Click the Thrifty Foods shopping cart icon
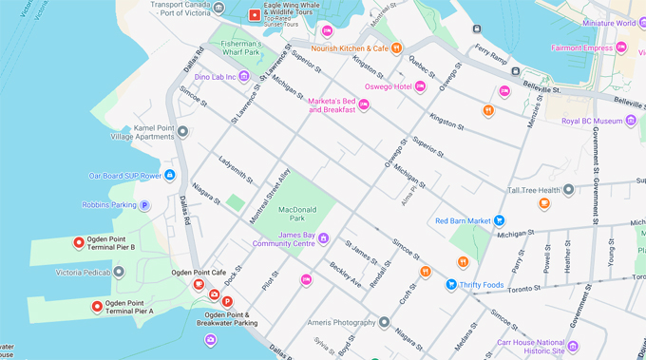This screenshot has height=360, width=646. pos(451,284)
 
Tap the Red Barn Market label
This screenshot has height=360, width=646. pos(463,221)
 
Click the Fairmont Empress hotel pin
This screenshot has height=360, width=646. pos(621,47)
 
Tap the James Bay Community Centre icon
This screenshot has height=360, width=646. pos(323,238)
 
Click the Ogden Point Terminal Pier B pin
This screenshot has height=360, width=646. pos(80,242)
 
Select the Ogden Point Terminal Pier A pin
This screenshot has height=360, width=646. pos(97,306)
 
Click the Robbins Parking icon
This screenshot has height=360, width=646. pos(144,204)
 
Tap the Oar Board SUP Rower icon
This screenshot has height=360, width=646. pos(169,175)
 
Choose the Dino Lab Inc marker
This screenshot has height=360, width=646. pos(244,76)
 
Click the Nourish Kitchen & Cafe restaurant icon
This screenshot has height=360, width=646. pos(397,48)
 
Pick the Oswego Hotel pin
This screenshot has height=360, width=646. pos(420,87)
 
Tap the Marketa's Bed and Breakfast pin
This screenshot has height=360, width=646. pos(363,104)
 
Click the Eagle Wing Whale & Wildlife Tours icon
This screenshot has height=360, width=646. pos(254,15)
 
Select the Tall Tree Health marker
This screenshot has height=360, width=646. pos(568,190)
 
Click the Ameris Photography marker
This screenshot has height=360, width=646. pos(384,322)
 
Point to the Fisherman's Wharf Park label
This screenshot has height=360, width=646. pos(240,48)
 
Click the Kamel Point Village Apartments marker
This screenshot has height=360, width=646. pos(182,131)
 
